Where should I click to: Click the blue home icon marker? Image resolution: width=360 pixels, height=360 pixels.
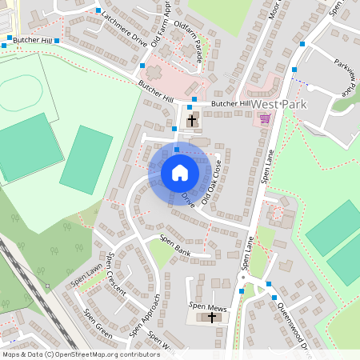(179, 172)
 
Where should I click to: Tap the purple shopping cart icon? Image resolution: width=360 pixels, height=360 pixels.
(265, 118)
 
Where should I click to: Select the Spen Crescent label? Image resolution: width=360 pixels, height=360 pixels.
(116, 274)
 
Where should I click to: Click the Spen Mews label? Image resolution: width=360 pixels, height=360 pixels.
(204, 306)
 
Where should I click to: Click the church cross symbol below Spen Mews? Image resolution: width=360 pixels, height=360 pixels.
(212, 318)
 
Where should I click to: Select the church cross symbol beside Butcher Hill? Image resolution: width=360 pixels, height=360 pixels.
(192, 121)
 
